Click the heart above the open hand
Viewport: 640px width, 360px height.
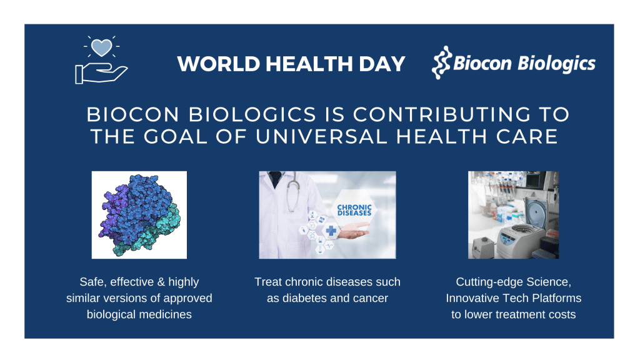click(x=101, y=47)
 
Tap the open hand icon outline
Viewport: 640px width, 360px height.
click(x=101, y=75)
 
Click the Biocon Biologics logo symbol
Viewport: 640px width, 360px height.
click(x=442, y=62)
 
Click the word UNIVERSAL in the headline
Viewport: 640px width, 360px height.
click(x=321, y=136)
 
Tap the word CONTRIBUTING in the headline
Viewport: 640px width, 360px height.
click(x=442, y=114)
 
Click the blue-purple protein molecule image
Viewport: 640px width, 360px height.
click(x=139, y=215)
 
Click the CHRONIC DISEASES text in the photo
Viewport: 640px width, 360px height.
click(x=354, y=210)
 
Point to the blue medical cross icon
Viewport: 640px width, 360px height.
click(x=331, y=231)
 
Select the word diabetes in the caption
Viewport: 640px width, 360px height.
click(x=305, y=298)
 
